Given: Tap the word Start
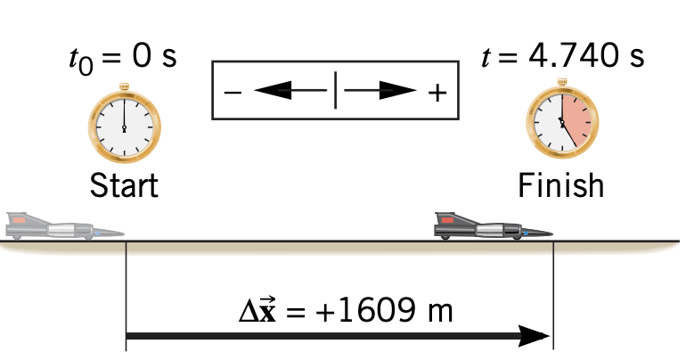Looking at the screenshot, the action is coord(125,187).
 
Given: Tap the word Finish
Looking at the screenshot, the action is coord(561,186).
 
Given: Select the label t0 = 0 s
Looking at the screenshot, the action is coord(123,57).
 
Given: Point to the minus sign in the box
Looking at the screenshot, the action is coord(232,91).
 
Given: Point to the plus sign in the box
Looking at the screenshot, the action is coord(437,91).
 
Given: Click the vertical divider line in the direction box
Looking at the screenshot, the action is coord(335,90).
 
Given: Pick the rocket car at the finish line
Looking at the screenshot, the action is coord(490,227).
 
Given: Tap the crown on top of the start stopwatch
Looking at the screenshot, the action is coord(125,89).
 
